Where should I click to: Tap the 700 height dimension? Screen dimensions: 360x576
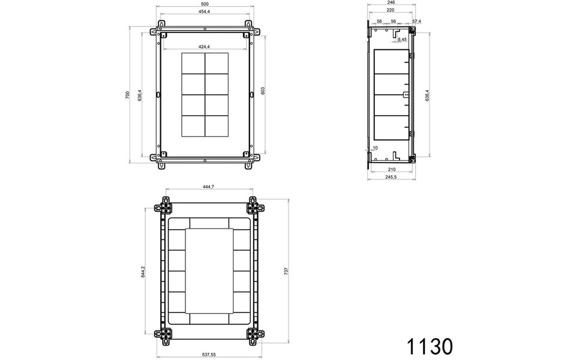[x=127, y=95]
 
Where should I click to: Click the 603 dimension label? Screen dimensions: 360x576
[x=263, y=90]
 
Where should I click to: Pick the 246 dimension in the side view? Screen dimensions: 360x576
[x=391, y=2]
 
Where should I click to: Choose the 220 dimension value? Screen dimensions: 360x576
[x=391, y=11]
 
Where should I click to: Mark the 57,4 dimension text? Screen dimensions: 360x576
[x=416, y=22]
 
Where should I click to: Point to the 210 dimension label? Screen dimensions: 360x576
[x=391, y=170]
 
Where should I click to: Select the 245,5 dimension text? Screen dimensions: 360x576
[x=391, y=178]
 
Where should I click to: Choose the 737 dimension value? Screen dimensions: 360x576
[x=286, y=271]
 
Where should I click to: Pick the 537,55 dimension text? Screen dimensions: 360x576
[x=209, y=355]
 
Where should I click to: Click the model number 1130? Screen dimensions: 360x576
[x=429, y=346]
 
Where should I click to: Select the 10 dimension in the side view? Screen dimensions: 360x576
[x=375, y=148]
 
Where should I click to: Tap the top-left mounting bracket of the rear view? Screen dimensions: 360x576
[x=164, y=207]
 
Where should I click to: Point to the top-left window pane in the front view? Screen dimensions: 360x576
[x=193, y=64]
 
